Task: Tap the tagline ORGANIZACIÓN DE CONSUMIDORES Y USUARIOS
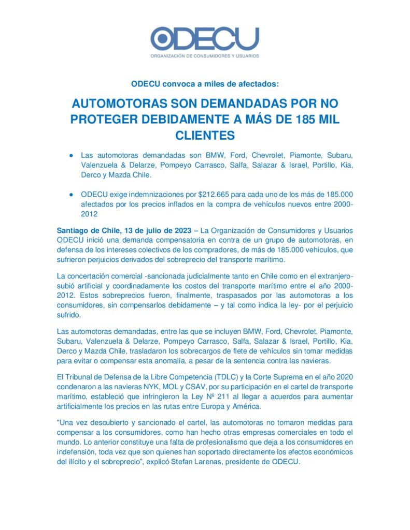click(x=205, y=56)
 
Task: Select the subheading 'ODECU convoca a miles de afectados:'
click(x=205, y=83)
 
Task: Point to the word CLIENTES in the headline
click(x=205, y=136)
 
